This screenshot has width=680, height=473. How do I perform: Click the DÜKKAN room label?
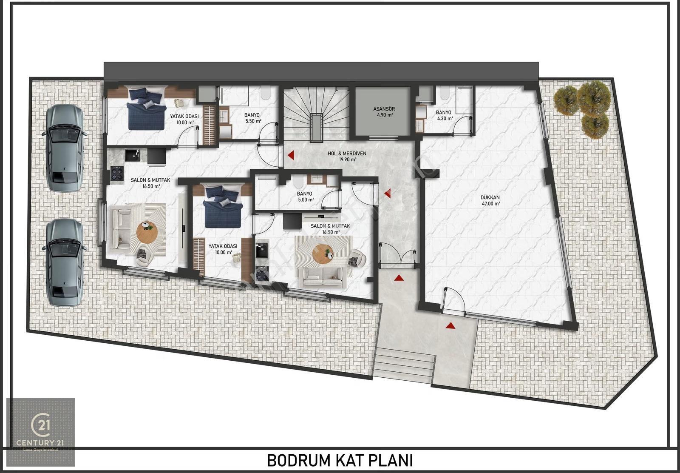pos(490,197)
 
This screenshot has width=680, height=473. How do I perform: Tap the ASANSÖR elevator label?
pos(384,109)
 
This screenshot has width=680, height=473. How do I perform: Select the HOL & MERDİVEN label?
pos(347,154)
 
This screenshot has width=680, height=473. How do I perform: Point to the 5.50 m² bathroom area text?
pos(253,121)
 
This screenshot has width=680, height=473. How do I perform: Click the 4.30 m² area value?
pos(445,119)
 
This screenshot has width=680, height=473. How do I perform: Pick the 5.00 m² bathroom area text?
pos(306,200)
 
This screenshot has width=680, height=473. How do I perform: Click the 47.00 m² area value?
pos(491,204)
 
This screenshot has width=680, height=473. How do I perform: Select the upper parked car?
pos(65,148)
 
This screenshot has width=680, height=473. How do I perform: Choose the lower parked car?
pos(65,263)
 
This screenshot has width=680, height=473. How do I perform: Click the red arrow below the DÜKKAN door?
pos(450,325)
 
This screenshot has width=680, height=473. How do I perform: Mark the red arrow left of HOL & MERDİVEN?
pos(291,155)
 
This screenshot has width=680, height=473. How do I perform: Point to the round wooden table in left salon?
pos(147,232)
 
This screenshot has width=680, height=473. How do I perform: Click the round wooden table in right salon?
pos(323,254)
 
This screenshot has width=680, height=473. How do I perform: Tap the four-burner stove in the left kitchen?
pos(117,174)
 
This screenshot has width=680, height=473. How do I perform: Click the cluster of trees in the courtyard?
pos(582,108)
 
